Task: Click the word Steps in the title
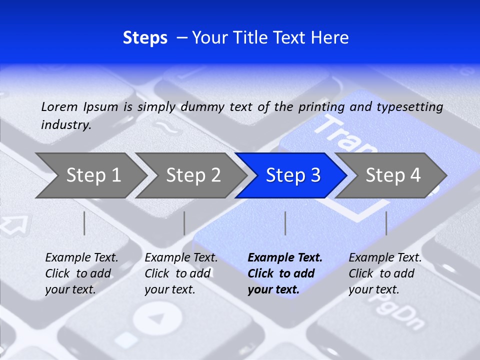click(145, 38)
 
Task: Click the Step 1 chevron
click(93, 175)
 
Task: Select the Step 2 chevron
click(193, 175)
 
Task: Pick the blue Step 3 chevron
click(292, 175)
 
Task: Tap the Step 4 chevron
click(392, 175)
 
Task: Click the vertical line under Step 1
click(84, 223)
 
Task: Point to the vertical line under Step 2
click(184, 223)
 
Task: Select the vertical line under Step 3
click(285, 223)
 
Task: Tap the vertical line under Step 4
click(386, 223)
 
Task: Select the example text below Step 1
click(81, 273)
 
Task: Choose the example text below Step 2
click(181, 273)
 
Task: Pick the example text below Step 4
click(385, 273)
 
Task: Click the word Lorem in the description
click(59, 106)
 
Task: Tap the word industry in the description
click(66, 124)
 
